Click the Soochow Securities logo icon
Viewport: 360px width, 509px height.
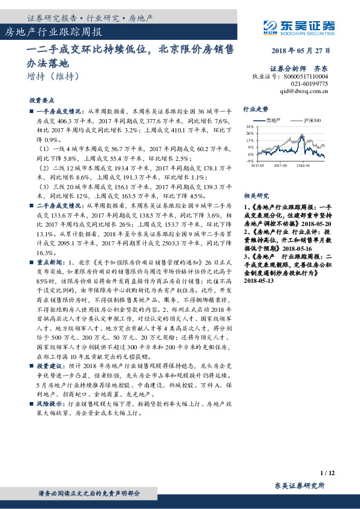pyautogui.click(x=271, y=25)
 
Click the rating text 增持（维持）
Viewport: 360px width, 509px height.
pyautogui.click(x=53, y=77)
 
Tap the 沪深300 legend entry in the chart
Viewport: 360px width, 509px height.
pyautogui.click(x=308, y=120)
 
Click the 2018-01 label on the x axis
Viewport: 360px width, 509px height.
pyautogui.click(x=303, y=164)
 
